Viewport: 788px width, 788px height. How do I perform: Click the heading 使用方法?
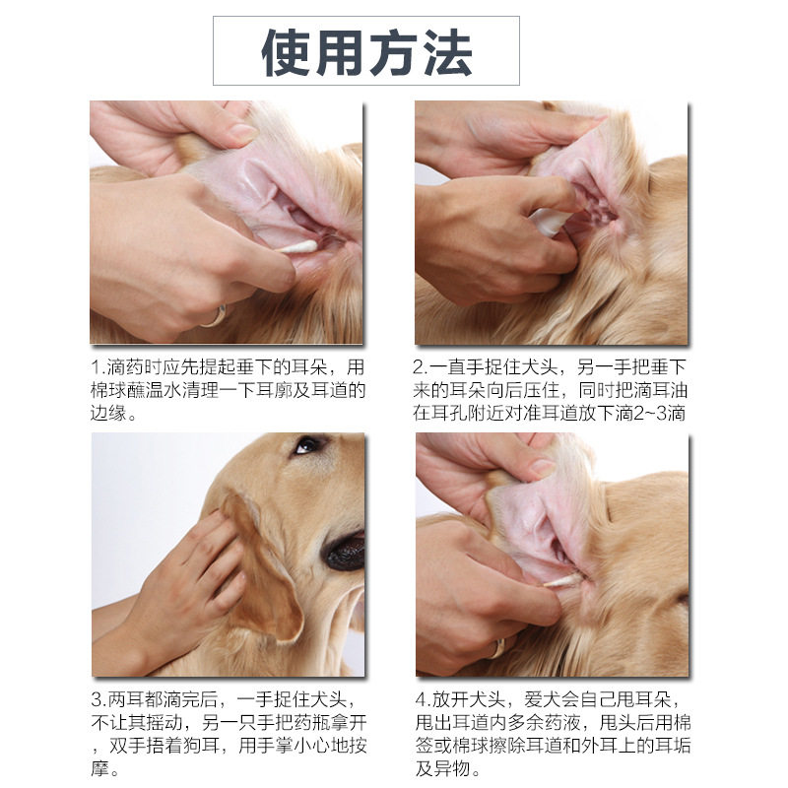366,53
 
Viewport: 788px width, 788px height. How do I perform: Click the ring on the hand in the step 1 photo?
215,316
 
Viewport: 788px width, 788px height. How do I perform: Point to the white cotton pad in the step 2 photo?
550,221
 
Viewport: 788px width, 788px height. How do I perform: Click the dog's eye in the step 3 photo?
307,445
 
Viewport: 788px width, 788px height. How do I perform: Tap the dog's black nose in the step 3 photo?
346,552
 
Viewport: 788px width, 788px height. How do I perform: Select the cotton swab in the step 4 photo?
561,582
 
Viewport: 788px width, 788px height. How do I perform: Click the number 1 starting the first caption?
96,367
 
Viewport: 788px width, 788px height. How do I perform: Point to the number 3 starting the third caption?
97,699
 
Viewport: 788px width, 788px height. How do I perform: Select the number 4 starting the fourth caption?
422,699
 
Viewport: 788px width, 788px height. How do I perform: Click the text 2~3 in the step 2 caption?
650,413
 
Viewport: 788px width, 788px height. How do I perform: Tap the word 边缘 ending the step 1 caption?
108,413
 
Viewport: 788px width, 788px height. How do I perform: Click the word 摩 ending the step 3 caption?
100,768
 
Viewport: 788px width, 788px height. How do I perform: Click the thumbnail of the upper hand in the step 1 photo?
244,132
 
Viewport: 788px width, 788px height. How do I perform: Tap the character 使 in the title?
286,53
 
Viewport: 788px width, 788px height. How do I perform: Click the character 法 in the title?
447,53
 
